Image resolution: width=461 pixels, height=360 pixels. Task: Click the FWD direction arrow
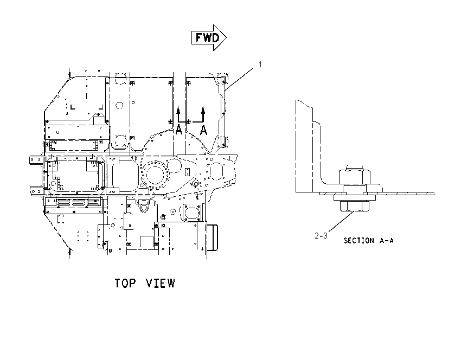coord(209,37)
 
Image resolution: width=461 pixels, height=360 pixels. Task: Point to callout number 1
coord(260,65)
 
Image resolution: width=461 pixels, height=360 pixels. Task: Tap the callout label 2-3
coord(321,236)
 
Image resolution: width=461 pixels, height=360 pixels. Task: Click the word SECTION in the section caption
coord(358,241)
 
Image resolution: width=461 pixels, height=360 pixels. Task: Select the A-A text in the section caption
coord(386,241)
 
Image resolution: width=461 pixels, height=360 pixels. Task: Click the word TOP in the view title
coord(125,283)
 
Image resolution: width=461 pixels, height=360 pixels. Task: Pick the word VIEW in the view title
coord(161,283)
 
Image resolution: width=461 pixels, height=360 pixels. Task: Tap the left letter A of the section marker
coord(178,130)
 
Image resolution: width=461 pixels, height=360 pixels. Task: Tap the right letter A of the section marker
coord(203,130)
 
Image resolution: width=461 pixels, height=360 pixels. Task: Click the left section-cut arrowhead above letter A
coord(178,111)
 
